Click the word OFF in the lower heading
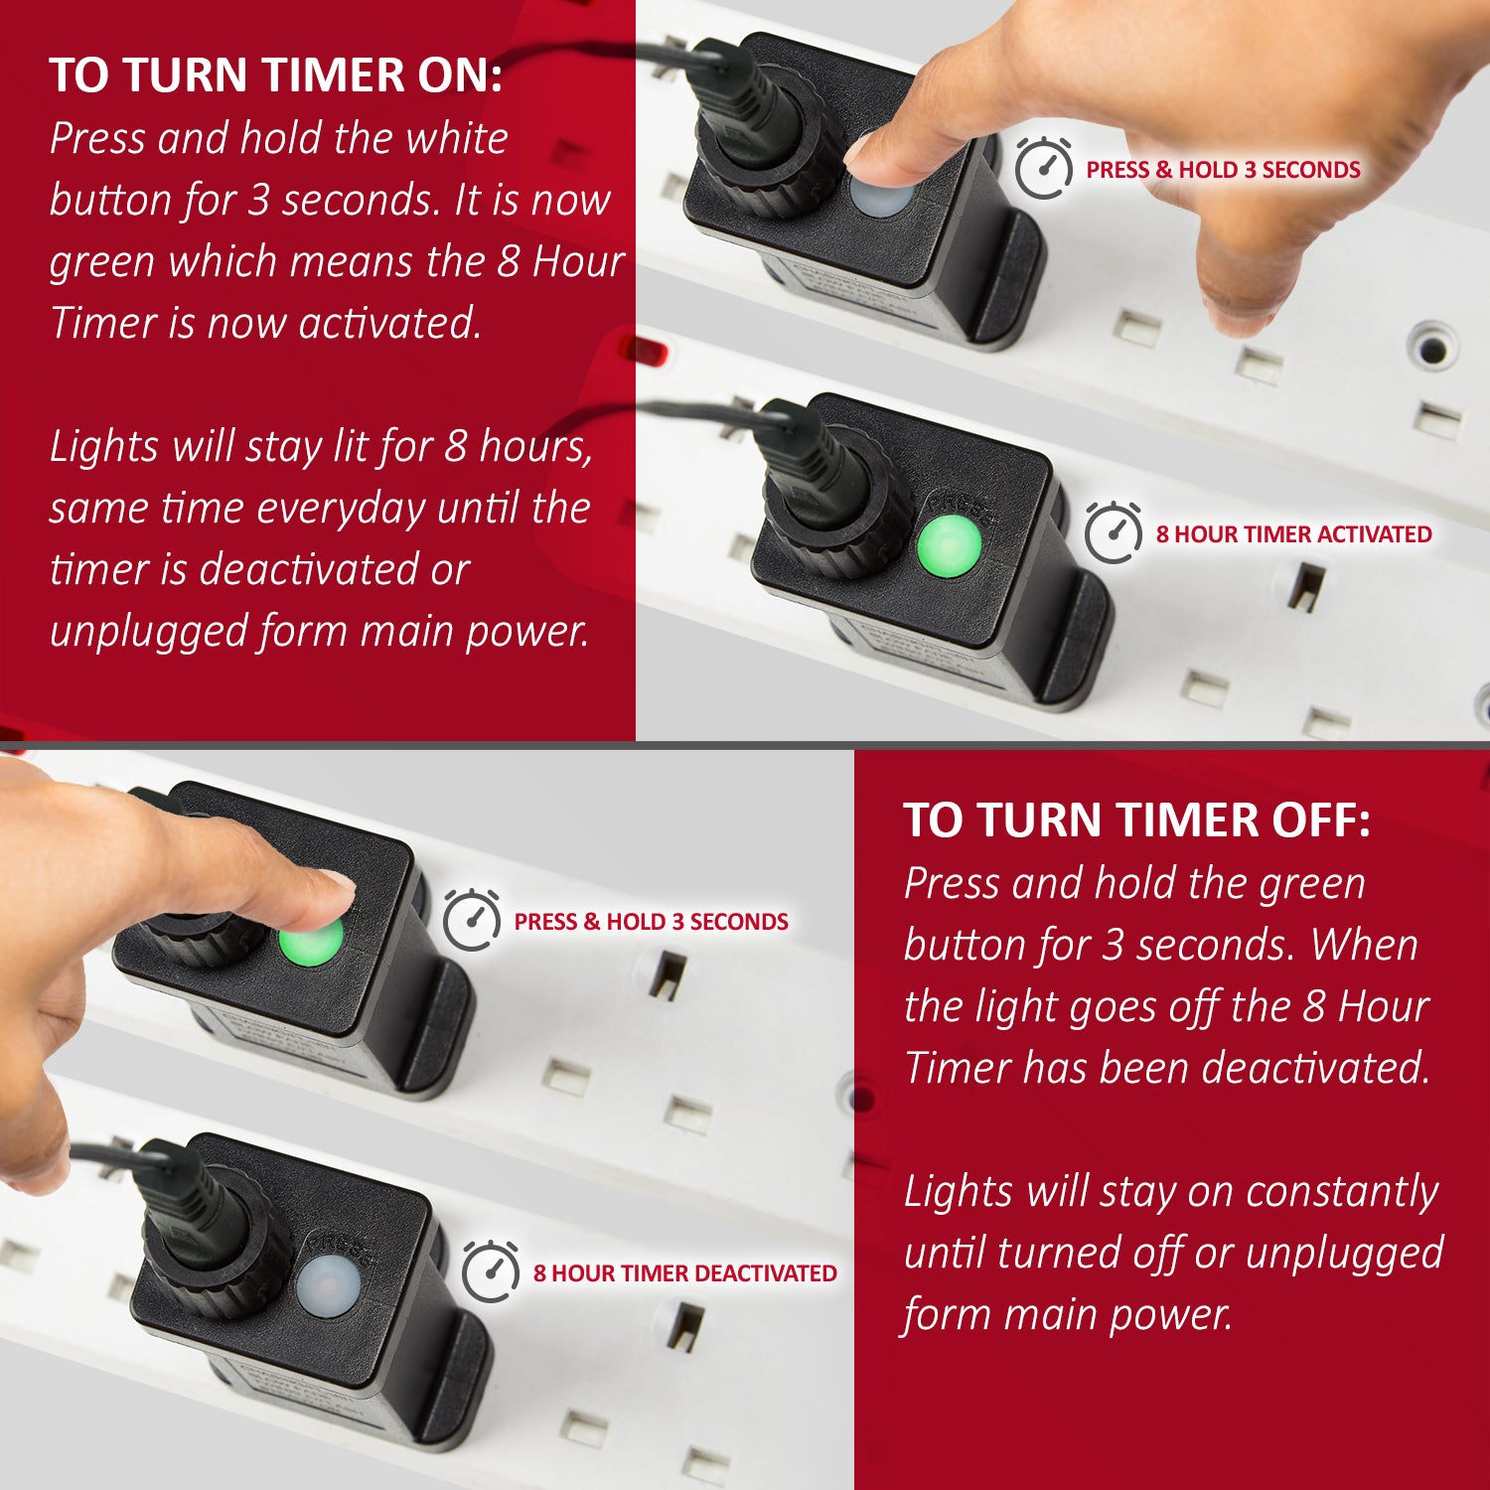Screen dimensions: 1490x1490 [1323, 821]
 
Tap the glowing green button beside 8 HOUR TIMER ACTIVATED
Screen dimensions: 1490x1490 [949, 546]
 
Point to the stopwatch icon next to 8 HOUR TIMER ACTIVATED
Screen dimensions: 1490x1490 [1113, 533]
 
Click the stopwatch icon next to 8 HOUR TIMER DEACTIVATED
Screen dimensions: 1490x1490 [491, 1271]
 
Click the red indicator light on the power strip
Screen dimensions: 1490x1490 [643, 351]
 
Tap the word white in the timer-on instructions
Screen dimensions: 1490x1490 [457, 139]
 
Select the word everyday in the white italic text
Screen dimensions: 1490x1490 [341, 509]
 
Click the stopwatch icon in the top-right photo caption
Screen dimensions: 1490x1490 [1043, 168]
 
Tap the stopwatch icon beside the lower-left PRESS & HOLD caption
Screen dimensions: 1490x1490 [471, 921]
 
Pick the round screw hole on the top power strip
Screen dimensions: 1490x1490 [1431, 349]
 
